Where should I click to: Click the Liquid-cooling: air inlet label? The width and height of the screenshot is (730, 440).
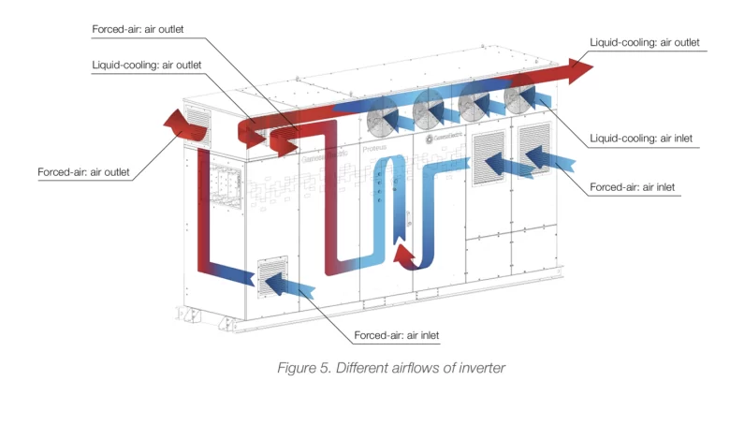640,139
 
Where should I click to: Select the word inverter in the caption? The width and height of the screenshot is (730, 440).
482,368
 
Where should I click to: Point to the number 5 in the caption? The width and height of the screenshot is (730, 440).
325,368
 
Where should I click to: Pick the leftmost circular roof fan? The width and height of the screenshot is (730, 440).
383,117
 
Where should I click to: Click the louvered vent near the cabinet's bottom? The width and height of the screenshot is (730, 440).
272,276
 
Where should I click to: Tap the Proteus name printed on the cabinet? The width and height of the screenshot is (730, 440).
374,149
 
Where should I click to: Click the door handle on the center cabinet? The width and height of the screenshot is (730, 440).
408,218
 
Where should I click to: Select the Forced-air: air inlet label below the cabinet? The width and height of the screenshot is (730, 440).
396,335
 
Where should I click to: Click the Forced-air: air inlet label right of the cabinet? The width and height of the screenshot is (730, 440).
632,187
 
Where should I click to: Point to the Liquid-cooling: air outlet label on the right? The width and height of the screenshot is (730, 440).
644,42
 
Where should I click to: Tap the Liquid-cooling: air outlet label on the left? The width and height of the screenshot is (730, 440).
147,65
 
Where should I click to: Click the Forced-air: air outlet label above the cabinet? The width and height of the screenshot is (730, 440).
138,29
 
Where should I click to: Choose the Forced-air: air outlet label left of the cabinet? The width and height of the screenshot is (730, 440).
83,172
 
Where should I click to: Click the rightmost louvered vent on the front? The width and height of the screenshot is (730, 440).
534,148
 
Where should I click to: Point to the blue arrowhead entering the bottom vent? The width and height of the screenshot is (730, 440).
275,284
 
